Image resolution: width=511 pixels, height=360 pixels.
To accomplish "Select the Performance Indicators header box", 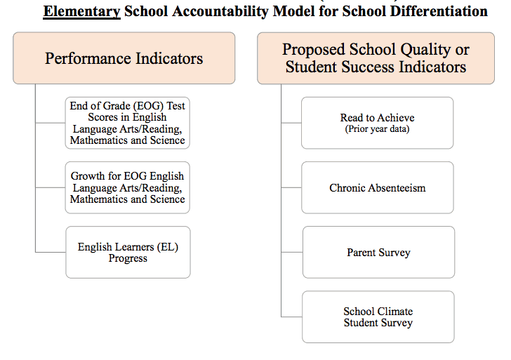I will (124, 58).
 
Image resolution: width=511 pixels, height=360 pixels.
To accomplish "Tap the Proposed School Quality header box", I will (376, 58).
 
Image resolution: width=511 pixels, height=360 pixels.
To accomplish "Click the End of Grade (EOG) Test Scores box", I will (128, 123).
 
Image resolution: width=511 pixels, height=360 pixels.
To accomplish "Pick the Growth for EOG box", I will (128, 187).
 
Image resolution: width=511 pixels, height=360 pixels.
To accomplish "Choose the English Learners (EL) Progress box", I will (128, 252).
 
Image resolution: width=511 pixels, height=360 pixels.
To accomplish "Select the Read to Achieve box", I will (378, 123).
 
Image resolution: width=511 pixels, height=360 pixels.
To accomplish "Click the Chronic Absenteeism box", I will (378, 188).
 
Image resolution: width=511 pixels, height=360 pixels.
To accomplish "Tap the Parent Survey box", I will (378, 252).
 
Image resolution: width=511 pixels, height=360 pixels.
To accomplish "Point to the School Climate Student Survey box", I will (378, 317).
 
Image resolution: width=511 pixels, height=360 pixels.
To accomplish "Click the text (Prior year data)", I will (378, 129).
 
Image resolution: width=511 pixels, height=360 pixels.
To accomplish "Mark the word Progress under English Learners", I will (128, 258).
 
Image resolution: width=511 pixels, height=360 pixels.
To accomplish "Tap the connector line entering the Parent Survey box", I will (292, 252).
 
